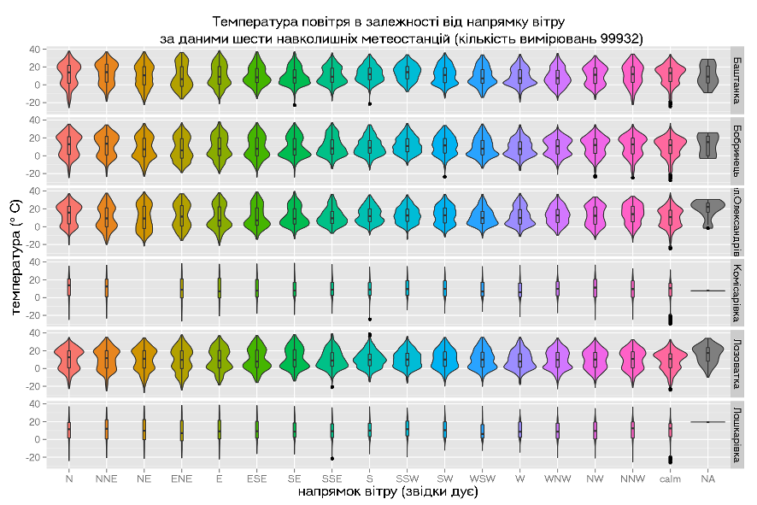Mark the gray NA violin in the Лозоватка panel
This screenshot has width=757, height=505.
point(707,355)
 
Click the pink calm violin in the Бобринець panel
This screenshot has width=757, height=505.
point(670,147)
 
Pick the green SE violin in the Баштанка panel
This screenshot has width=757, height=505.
point(294,77)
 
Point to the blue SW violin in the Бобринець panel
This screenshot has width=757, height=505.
point(444,147)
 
